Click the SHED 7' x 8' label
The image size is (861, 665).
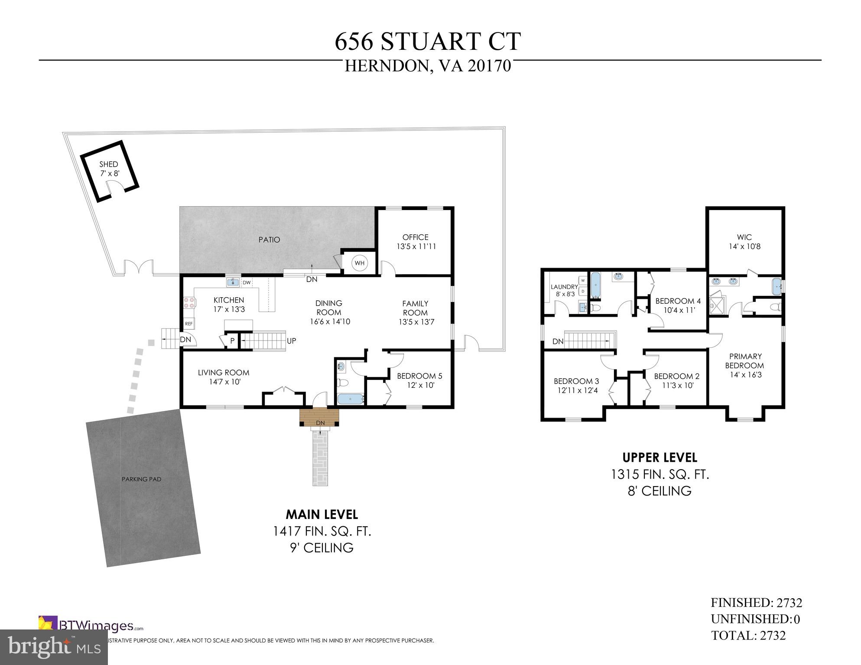click(108, 169)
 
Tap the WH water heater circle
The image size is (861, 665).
click(360, 263)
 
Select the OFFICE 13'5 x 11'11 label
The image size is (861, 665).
click(416, 242)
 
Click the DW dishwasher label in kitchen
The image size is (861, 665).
click(247, 283)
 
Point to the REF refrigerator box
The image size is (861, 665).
click(189, 324)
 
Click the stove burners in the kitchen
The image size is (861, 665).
click(189, 302)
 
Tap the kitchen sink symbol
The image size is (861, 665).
click(233, 282)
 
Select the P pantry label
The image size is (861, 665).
click(232, 341)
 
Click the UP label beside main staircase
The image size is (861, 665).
click(291, 341)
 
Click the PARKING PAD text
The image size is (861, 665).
click(141, 479)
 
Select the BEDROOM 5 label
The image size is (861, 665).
click(419, 376)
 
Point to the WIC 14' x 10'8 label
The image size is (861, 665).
click(744, 242)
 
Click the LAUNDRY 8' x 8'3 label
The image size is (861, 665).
click(564, 290)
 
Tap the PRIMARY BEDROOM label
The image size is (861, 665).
click(745, 361)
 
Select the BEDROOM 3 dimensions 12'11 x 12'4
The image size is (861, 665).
click(576, 390)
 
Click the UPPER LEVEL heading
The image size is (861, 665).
click(660, 457)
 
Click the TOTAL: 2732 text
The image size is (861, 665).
click(748, 635)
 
